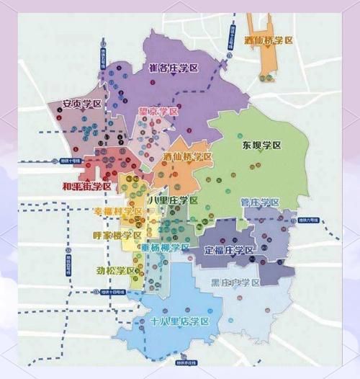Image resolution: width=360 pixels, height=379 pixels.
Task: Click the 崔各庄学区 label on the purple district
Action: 174,68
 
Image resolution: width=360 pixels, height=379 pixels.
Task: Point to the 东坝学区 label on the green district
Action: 261,145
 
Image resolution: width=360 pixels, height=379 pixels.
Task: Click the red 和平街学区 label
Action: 86,186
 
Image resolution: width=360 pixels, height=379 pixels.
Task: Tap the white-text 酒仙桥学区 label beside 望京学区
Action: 187,156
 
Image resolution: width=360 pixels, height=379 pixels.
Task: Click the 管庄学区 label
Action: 260,202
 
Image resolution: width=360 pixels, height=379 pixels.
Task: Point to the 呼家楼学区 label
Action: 117,235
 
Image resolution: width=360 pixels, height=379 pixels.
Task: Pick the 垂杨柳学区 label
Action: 165,246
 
